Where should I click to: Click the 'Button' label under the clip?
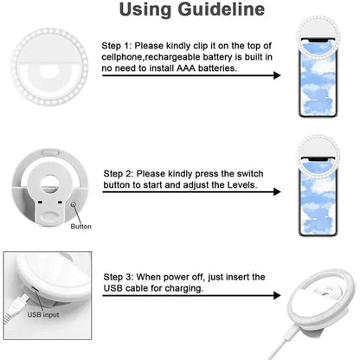(80, 227)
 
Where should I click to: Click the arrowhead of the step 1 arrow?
(277, 76)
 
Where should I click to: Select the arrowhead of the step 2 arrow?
(277, 196)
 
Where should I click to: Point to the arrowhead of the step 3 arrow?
(277, 297)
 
